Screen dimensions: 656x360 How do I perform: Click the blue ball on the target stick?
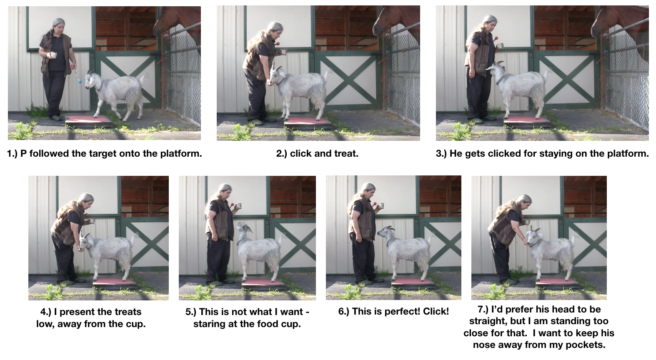80,81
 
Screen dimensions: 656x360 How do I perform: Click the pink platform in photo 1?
88,120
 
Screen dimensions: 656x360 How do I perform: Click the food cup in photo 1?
53,55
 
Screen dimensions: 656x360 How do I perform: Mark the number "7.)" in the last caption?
484,309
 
